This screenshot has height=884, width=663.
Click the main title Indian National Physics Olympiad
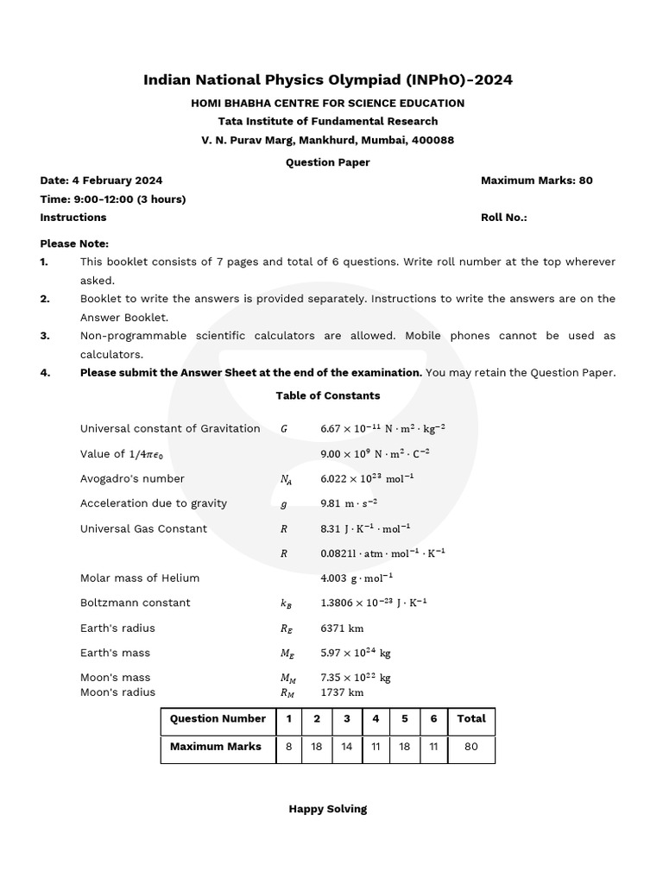tap(327, 80)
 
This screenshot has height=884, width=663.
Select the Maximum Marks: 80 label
tap(536, 180)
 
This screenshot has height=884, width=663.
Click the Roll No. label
tap(503, 218)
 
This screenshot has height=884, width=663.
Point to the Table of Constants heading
tap(327, 395)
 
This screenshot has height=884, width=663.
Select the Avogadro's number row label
tap(132, 478)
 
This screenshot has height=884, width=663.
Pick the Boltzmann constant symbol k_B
tap(286, 603)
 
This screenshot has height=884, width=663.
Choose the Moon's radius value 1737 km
tap(342, 692)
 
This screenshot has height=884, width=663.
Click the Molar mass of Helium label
tap(140, 578)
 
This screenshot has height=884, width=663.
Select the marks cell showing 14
tap(346, 747)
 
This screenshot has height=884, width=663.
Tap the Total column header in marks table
tap(471, 718)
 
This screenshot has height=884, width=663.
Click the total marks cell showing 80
tap(471, 747)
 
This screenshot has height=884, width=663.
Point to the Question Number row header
tap(218, 718)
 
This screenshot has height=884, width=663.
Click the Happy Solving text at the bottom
tap(327, 809)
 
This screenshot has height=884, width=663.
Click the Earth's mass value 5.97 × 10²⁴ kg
tap(355, 654)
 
